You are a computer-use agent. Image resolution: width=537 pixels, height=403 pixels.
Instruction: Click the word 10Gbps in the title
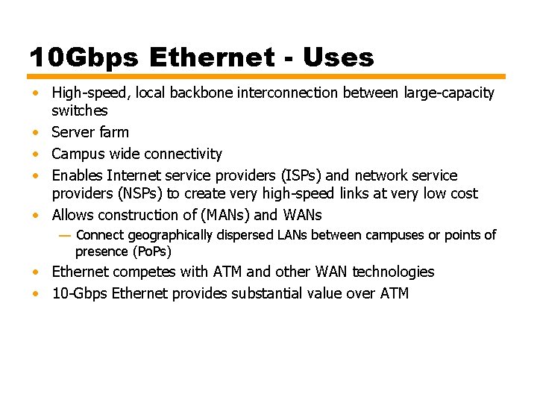click(84, 57)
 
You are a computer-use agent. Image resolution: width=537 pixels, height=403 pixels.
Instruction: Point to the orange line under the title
click(266, 76)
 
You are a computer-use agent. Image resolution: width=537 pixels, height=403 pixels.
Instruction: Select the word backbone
click(198, 93)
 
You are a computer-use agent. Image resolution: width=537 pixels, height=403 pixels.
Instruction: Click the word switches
click(79, 110)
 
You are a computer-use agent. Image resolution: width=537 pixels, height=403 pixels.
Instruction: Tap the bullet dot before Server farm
click(36, 133)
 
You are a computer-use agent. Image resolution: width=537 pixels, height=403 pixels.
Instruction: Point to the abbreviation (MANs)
click(222, 215)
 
